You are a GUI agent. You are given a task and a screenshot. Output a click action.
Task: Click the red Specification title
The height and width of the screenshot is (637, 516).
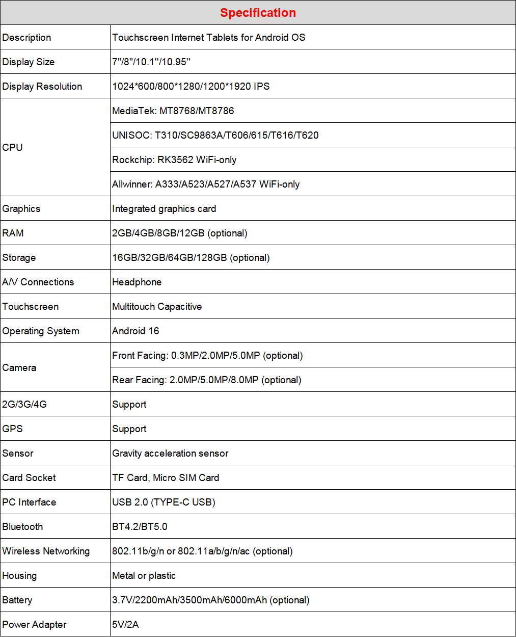pyautogui.click(x=258, y=13)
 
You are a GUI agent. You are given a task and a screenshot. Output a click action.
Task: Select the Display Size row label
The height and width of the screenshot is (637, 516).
pyautogui.click(x=29, y=62)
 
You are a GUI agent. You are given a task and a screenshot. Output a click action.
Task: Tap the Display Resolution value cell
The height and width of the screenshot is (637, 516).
pyautogui.click(x=191, y=87)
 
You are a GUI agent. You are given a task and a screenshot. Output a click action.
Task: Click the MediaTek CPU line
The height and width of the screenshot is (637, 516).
pyautogui.click(x=173, y=111)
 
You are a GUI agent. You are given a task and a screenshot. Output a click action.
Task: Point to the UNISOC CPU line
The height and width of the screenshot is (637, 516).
pyautogui.click(x=215, y=136)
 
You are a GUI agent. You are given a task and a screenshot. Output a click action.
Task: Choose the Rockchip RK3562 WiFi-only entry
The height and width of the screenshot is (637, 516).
pyautogui.click(x=174, y=160)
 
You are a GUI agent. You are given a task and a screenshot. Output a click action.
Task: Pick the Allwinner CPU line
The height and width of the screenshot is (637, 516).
pyautogui.click(x=206, y=184)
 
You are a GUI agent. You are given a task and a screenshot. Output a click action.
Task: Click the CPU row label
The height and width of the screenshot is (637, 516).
pyautogui.click(x=13, y=148)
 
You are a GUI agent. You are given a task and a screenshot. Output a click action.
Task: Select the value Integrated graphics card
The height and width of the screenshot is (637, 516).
pyautogui.click(x=164, y=209)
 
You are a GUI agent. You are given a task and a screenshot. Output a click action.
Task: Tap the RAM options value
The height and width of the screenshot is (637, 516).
pyautogui.click(x=180, y=233)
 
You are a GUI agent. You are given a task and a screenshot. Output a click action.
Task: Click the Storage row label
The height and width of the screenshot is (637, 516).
pyautogui.click(x=19, y=258)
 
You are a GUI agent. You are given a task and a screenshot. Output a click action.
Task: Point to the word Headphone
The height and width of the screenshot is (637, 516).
pyautogui.click(x=137, y=282)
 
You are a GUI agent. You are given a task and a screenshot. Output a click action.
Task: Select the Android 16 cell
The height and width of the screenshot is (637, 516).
pyautogui.click(x=135, y=331)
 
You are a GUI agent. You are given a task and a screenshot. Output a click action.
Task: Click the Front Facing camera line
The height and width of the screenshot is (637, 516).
pyautogui.click(x=207, y=356)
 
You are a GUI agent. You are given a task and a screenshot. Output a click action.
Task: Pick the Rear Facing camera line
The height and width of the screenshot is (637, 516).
pyautogui.click(x=207, y=380)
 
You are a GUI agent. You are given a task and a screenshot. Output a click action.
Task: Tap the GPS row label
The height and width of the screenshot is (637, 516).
pyautogui.click(x=13, y=429)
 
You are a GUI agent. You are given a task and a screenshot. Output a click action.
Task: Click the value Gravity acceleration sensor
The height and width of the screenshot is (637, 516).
pyautogui.click(x=170, y=454)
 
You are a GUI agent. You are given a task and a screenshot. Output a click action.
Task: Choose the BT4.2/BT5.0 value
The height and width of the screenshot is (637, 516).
pyautogui.click(x=140, y=527)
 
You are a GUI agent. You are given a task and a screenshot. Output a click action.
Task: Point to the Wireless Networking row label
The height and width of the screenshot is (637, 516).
pyautogui.click(x=46, y=551)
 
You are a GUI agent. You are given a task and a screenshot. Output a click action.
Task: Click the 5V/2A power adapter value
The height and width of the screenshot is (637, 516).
pyautogui.click(x=125, y=625)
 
